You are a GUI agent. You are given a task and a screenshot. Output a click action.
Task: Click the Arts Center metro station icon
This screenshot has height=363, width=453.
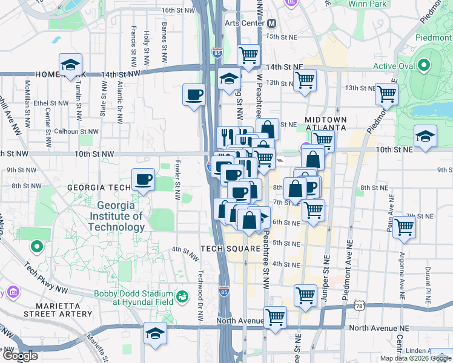pyautogui.click(x=272, y=23)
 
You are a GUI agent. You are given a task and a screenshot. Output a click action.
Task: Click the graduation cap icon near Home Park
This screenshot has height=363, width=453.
pyautogui.click(x=70, y=65)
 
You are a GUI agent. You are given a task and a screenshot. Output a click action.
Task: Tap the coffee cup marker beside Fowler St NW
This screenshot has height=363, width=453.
pyautogui.click(x=144, y=180)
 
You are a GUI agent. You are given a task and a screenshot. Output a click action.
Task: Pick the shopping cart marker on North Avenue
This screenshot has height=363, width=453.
pyautogui.click(x=276, y=317)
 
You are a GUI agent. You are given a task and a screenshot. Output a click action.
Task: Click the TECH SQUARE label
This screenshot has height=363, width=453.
pyautogui.click(x=230, y=249)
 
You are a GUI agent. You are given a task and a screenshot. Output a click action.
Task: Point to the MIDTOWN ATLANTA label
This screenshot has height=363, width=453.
pyautogui.click(x=325, y=124)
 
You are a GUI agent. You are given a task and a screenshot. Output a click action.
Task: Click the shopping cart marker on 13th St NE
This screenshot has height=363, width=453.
pyautogui.click(x=386, y=94)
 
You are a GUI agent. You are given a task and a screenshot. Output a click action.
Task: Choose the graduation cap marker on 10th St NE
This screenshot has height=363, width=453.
pyautogui.click(x=426, y=137)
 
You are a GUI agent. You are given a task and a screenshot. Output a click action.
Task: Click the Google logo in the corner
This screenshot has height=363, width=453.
pyautogui.click(x=20, y=356)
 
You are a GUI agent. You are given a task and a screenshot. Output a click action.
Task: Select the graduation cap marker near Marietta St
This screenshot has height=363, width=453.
pyautogui.click(x=155, y=334)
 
